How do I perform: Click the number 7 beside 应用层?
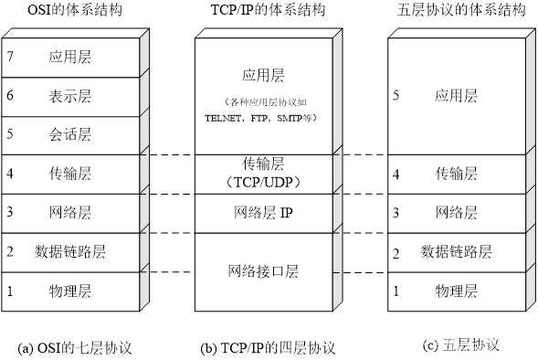9,57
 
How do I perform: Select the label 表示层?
70,96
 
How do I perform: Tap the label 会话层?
70,134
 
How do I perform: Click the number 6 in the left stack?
9,96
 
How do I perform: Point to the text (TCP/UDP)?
263,181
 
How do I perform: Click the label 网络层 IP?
263,213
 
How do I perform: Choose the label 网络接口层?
263,271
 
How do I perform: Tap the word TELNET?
224,119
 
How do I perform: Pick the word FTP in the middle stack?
258,119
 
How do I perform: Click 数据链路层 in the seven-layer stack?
70,251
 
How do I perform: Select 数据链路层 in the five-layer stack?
456,251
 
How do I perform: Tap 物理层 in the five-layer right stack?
456,291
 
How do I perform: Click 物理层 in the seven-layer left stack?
70,291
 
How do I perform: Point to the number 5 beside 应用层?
396,95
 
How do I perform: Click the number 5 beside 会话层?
9,134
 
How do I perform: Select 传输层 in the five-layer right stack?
456,174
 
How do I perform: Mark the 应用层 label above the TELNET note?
263,76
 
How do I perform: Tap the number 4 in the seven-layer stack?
9,174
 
